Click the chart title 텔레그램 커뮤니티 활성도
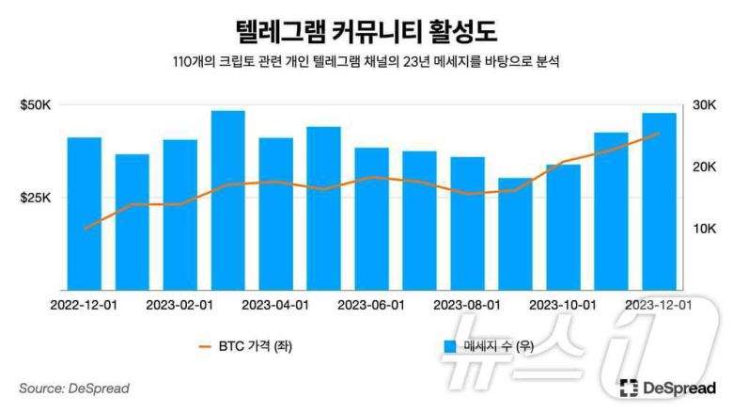coord(366,27)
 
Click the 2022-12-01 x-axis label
coord(84,306)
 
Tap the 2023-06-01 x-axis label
coord(371,306)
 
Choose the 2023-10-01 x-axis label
coord(563,306)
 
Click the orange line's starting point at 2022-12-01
coord(85,229)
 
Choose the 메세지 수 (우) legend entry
coord(489,346)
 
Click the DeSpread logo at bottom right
coord(668,388)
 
